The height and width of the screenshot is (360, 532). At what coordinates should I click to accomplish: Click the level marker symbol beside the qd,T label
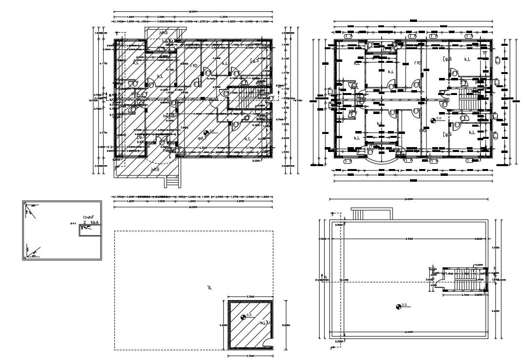coord(206,133)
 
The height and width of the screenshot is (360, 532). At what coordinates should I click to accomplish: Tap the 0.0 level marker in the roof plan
coord(398,306)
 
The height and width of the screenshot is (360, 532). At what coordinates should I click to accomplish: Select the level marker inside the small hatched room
coord(243,317)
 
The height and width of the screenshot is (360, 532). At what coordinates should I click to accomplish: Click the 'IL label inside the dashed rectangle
coord(209,288)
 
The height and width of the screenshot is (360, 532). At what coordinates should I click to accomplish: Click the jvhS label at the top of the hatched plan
coord(163,33)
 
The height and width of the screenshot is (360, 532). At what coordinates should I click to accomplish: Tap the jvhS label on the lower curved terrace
coord(155,170)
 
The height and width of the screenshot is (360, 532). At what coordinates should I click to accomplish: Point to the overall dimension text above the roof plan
coord(408,199)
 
